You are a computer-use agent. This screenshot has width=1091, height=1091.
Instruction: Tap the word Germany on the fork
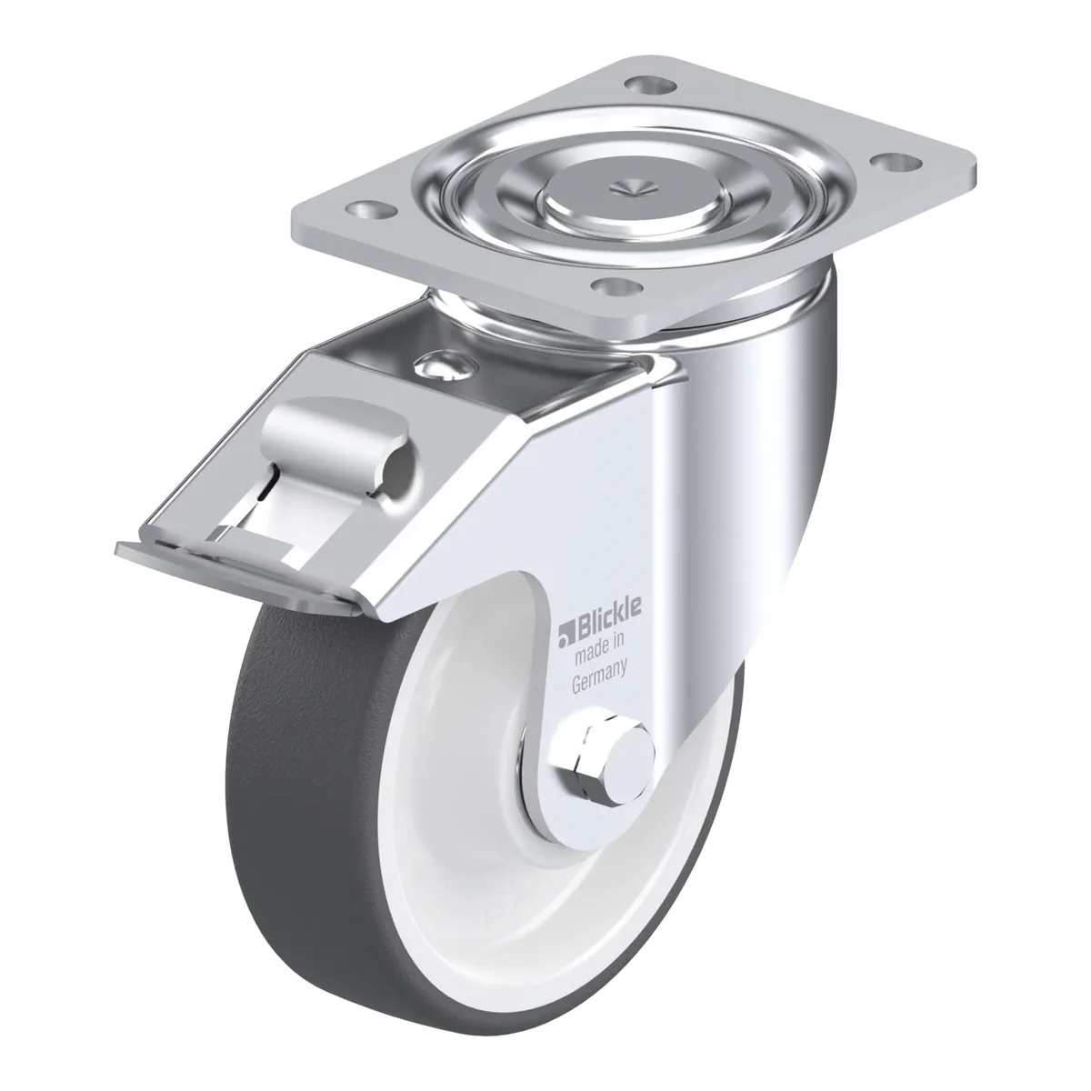coord(599,679)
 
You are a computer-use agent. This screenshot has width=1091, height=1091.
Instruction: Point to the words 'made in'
coord(599,650)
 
